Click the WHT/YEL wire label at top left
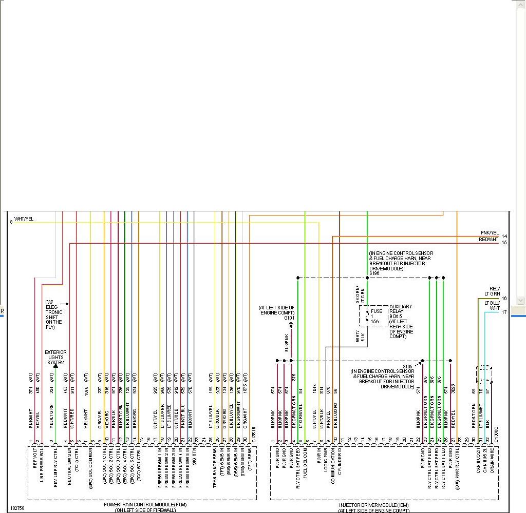click(24, 219)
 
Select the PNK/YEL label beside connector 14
click(490, 233)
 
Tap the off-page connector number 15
click(504, 243)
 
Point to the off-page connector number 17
click(504, 312)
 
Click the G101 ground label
click(290, 318)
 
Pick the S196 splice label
click(374, 273)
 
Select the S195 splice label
click(407, 366)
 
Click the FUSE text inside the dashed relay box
click(377, 311)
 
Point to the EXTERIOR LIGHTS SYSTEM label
click(55, 358)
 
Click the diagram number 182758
click(17, 508)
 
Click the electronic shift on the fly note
click(53, 314)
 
